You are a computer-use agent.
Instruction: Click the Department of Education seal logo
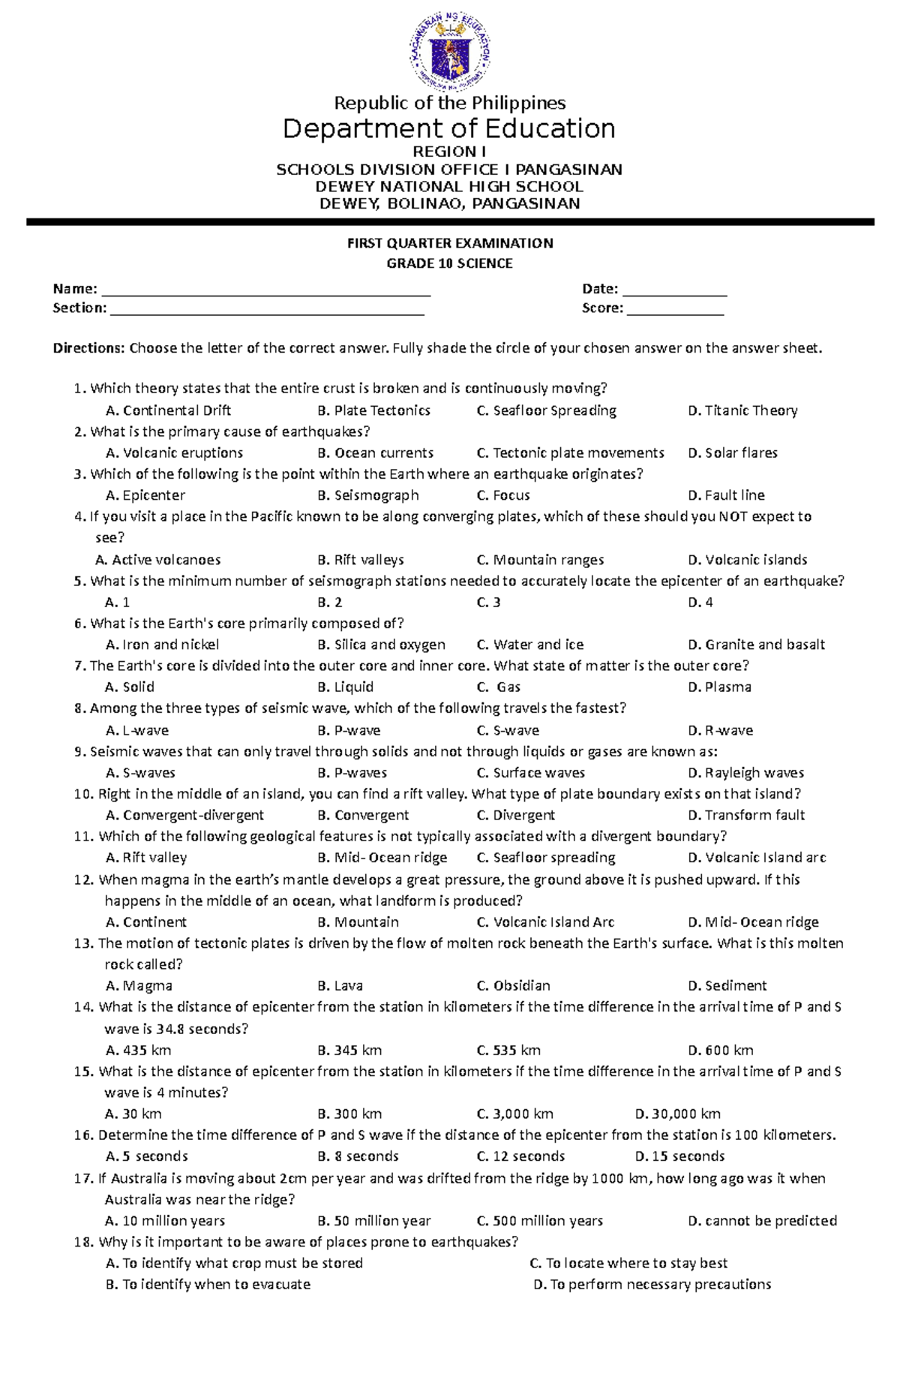[x=449, y=50]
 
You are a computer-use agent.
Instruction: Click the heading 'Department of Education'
[x=449, y=129]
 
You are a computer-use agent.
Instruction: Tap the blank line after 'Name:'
[x=265, y=291]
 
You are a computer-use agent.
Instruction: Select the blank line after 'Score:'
[x=675, y=310]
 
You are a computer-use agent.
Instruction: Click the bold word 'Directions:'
[x=88, y=348]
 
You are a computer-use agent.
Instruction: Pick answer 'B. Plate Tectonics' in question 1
[x=373, y=410]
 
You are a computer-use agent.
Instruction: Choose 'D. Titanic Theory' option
[x=742, y=410]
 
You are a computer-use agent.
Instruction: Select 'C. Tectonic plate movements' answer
[x=570, y=453]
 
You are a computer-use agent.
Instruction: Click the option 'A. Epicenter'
[x=145, y=495]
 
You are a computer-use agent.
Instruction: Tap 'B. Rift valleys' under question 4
[x=361, y=560]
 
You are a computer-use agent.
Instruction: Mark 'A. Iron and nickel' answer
[x=163, y=645]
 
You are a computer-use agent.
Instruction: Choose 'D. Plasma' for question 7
[x=719, y=687]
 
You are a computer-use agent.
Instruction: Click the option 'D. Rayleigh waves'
[x=745, y=773]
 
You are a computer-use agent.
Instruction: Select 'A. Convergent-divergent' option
[x=185, y=815]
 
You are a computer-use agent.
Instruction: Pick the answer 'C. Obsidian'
[x=514, y=986]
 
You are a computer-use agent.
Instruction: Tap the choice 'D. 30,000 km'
[x=678, y=1114]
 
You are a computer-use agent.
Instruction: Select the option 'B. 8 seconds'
[x=358, y=1156]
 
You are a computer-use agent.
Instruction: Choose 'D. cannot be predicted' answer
[x=762, y=1221]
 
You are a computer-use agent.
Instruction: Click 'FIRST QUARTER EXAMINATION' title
[x=449, y=243]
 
